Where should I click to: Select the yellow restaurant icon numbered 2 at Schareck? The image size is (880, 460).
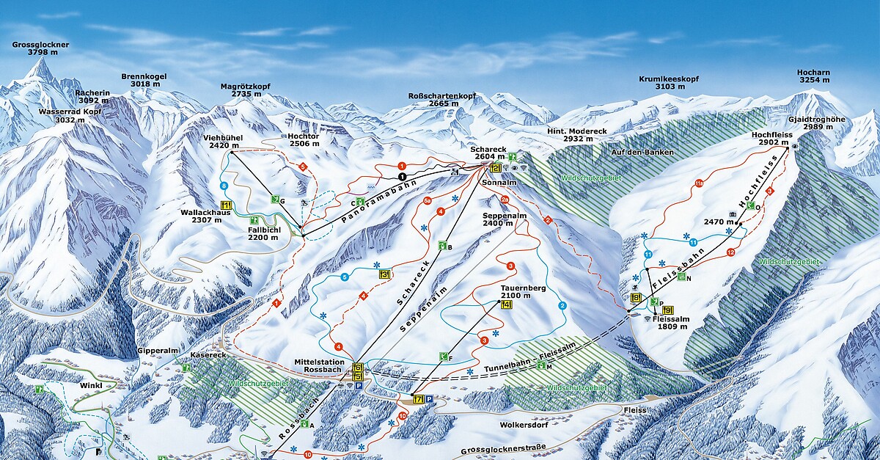[x=495, y=168]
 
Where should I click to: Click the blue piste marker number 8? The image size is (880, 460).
[x=223, y=186]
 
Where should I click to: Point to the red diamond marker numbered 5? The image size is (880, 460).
[x=303, y=167]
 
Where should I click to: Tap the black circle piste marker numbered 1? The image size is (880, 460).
[x=402, y=177]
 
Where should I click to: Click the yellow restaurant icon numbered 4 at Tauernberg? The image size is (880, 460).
[x=506, y=304]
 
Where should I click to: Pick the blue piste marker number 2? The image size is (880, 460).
[x=562, y=305]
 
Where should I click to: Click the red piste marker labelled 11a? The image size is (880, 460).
[x=699, y=183]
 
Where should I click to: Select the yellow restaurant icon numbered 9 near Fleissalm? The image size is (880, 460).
[x=667, y=310]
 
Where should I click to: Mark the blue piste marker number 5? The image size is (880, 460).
[x=343, y=277]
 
